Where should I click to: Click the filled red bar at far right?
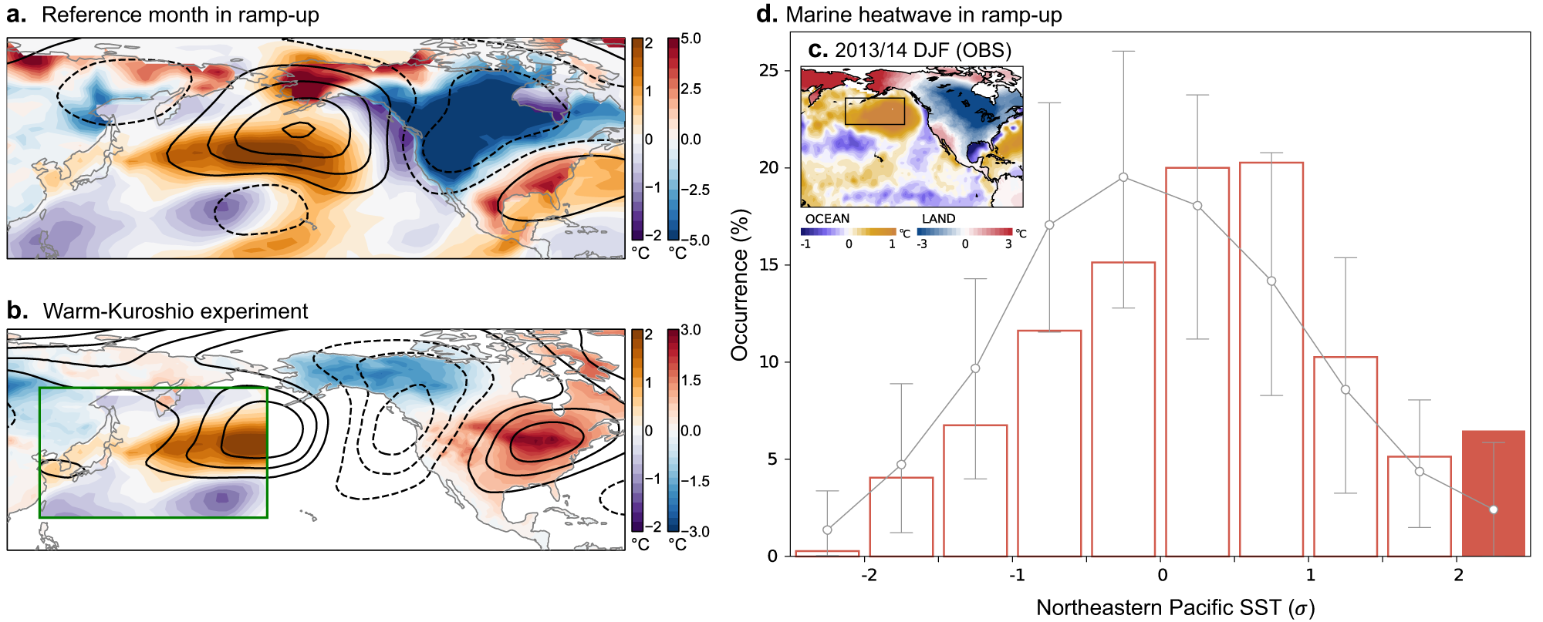(x=1493, y=493)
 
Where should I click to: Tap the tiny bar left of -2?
(x=827, y=553)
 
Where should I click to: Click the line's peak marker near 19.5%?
(x=1123, y=177)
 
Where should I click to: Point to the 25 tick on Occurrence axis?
(x=768, y=71)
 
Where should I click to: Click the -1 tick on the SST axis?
(x=1017, y=575)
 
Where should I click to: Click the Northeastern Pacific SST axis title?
(x=1175, y=607)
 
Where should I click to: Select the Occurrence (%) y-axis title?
(x=740, y=284)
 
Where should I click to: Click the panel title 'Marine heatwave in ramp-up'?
(x=923, y=15)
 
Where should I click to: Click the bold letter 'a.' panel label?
(x=16, y=15)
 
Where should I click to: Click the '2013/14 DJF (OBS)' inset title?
(x=923, y=50)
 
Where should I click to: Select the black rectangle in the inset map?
(x=874, y=111)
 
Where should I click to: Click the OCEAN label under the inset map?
(x=827, y=219)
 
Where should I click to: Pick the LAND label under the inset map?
(x=938, y=219)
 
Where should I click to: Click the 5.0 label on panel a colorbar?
(x=691, y=39)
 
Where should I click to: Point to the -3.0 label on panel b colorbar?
(x=694, y=532)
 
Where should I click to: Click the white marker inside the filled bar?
(x=1494, y=510)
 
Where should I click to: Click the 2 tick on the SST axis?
(x=1458, y=575)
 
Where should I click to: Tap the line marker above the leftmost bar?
(x=827, y=530)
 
